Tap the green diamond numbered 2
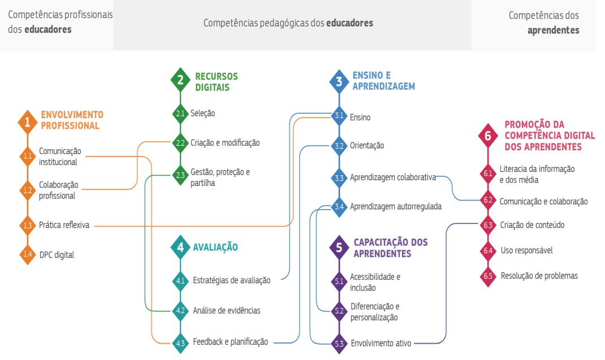[180, 80]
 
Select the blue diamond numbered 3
[339, 81]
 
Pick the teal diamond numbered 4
[180, 247]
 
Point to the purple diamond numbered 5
[339, 247]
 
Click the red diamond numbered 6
[488, 135]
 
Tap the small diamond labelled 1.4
[27, 254]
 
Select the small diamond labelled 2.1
[180, 114]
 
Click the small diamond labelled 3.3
[339, 177]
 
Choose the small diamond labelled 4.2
[180, 310]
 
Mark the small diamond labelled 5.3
[339, 343]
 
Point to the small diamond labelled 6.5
[488, 276]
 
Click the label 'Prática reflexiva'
[64, 225]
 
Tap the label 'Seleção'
[202, 114]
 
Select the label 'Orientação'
[367, 146]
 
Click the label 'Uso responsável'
[526, 250]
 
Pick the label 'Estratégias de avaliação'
[231, 280]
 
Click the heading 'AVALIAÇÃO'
[215, 247]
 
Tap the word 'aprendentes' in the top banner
[553, 31]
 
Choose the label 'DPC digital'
[57, 255]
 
